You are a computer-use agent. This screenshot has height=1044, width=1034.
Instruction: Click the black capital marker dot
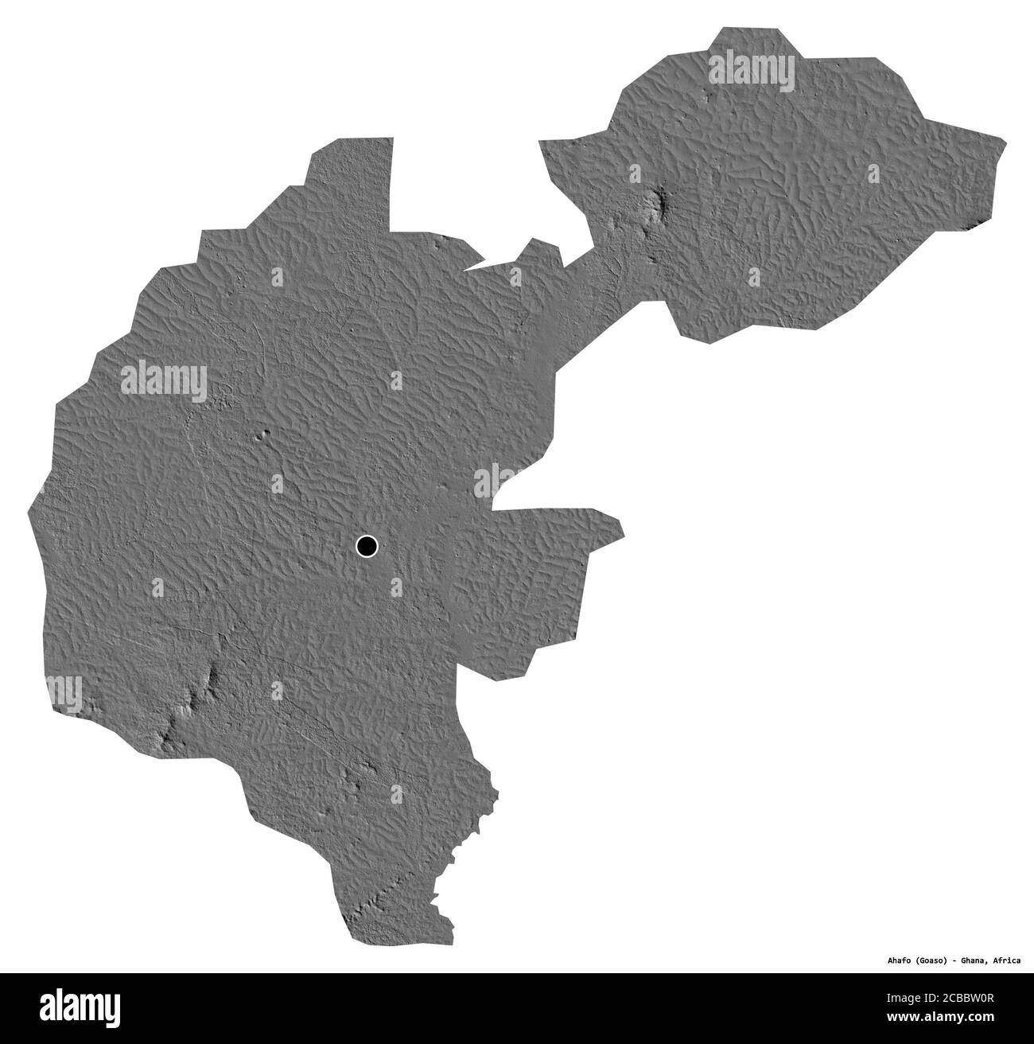366,547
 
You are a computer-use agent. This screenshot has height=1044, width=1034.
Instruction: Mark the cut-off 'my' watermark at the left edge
64,690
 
